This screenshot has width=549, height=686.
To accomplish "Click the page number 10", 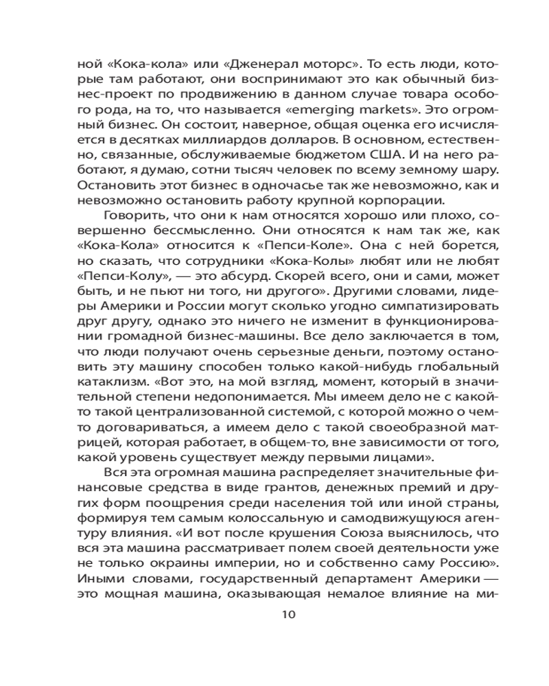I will [x=288, y=614].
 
